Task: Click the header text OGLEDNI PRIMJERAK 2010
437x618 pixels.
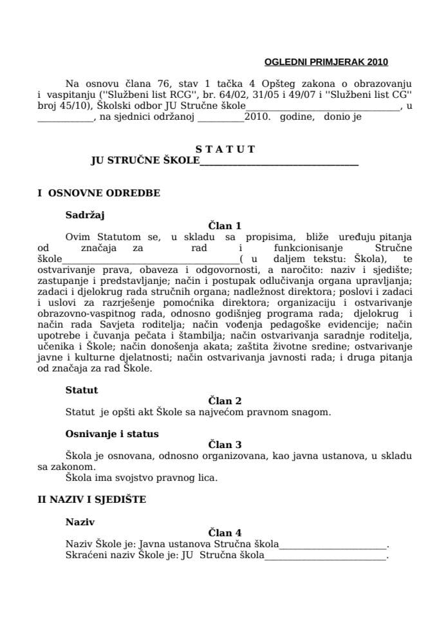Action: pos(326,62)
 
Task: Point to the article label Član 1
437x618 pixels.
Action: pos(225,226)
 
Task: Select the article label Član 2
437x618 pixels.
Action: pos(225,400)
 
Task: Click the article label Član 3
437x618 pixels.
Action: pos(225,444)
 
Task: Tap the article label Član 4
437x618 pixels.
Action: pos(225,533)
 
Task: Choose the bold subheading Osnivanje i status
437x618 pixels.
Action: pos(112,433)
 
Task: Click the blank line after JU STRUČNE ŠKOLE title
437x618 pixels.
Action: pos(279,162)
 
